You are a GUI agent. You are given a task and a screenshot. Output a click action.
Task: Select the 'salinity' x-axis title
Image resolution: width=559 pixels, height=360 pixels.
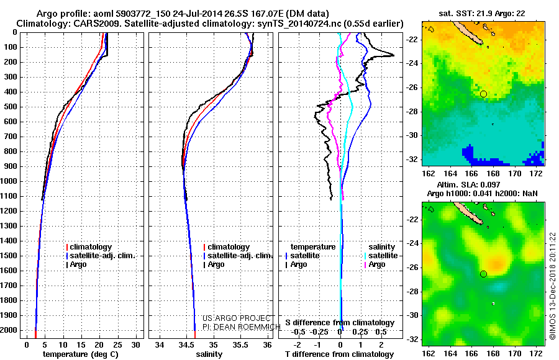click(x=208, y=354)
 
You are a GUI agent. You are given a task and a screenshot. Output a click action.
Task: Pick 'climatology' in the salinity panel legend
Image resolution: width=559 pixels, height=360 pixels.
click(x=229, y=247)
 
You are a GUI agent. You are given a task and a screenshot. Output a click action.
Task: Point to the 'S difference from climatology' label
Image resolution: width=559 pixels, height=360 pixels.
click(x=340, y=323)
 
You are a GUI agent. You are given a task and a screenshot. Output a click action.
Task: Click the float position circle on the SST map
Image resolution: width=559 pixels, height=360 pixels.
click(x=483, y=94)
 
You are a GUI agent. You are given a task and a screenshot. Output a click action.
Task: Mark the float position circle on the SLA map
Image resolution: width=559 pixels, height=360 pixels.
click(x=483, y=274)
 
